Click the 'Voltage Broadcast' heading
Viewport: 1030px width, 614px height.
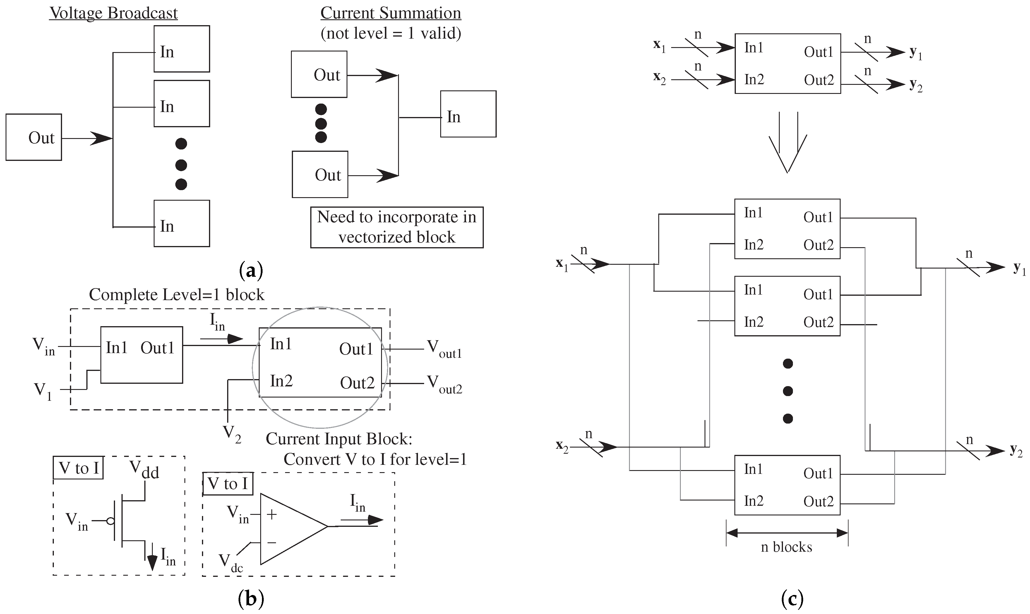[x=114, y=13]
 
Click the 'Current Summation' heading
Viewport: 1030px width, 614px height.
[x=390, y=13]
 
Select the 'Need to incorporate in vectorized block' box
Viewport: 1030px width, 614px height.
[x=397, y=227]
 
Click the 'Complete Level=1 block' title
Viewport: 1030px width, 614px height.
[x=177, y=295]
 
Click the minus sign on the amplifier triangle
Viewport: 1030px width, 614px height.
[x=272, y=542]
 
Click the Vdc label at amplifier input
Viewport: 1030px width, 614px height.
[x=231, y=563]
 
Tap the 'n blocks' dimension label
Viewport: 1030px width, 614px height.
[x=786, y=547]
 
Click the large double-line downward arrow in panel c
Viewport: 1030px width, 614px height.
[x=788, y=143]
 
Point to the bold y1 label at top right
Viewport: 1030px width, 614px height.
[x=915, y=53]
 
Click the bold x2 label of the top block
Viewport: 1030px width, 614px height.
[x=659, y=78]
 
